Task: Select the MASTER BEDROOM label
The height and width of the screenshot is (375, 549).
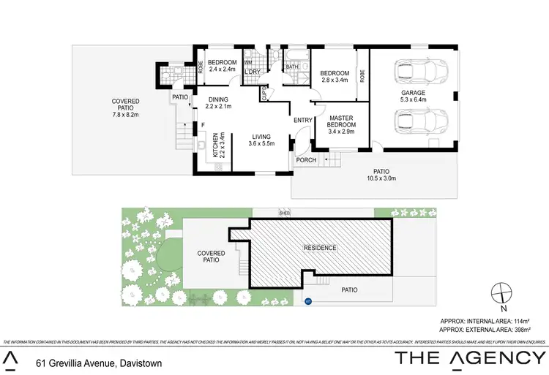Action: (341, 124)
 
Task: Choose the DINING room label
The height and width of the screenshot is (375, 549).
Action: (218, 103)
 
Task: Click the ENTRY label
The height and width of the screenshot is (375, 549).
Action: (303, 121)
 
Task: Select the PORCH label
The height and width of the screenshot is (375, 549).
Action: (307, 160)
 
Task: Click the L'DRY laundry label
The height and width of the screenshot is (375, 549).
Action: (253, 72)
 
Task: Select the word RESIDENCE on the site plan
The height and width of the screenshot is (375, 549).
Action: (320, 248)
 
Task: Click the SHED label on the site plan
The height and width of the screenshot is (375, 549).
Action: (285, 213)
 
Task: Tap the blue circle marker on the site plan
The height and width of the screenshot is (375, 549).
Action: (307, 300)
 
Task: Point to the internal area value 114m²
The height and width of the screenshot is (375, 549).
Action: (533, 320)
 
